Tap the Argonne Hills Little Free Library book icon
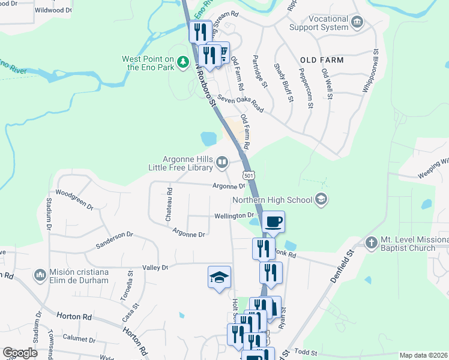[222, 161]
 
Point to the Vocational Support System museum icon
[358, 23]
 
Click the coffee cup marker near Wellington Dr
[273, 221]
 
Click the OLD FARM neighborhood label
[322, 60]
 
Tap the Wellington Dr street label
[234, 215]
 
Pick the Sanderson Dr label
[114, 241]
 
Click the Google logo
[20, 353]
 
